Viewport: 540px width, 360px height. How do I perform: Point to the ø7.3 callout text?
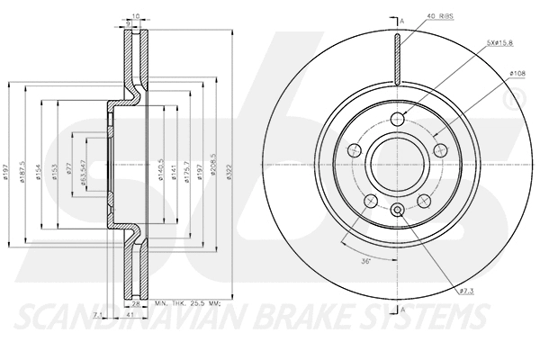pyautogui.click(x=465, y=292)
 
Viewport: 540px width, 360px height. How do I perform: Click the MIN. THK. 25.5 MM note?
pyautogui.click(x=190, y=307)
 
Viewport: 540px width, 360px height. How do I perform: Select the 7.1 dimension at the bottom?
pyautogui.click(x=97, y=314)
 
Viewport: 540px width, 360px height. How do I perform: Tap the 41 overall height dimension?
pyautogui.click(x=130, y=315)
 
